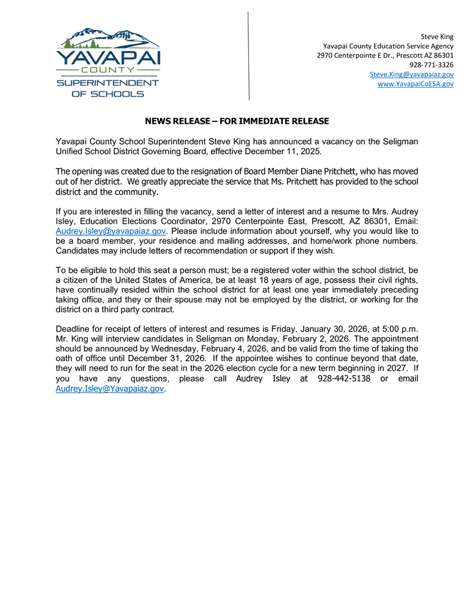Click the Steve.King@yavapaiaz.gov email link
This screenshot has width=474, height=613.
click(x=411, y=74)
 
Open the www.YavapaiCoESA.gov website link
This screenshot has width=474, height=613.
click(x=415, y=84)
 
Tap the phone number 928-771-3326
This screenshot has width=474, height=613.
click(x=432, y=64)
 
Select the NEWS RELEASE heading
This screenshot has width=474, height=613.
click(x=237, y=121)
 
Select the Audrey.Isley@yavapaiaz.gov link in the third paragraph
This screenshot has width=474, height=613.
click(x=111, y=231)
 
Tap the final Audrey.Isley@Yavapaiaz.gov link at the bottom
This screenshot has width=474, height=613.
click(x=110, y=389)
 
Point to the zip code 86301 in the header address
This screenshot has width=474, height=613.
click(x=442, y=55)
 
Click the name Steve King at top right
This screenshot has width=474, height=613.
click(x=437, y=37)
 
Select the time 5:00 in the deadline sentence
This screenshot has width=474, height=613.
click(x=384, y=329)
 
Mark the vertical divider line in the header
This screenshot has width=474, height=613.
click(x=249, y=55)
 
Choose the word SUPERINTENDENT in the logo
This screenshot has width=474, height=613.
click(x=108, y=83)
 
